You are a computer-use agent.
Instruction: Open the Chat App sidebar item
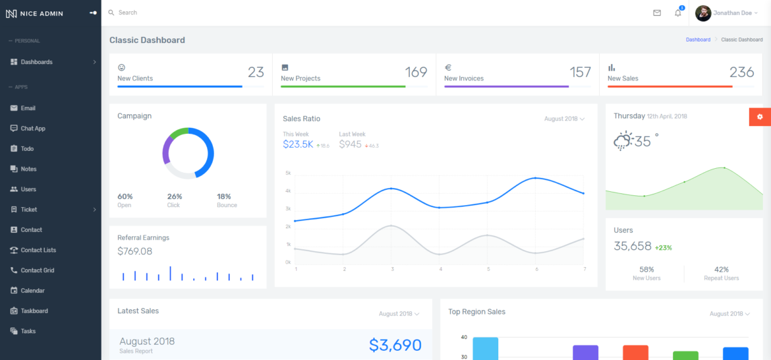click(x=33, y=129)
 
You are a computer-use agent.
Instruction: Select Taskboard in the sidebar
click(x=34, y=311)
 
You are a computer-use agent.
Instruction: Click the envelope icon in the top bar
click(x=657, y=13)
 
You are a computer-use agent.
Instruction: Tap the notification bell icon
click(x=678, y=13)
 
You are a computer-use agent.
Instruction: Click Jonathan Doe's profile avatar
click(x=703, y=13)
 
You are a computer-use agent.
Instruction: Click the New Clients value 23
click(x=256, y=72)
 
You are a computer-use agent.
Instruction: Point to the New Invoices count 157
click(x=580, y=72)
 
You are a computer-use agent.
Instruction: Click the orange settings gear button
click(x=760, y=117)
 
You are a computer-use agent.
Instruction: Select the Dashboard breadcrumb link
click(x=698, y=40)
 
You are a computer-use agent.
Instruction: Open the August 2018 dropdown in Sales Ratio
click(x=564, y=119)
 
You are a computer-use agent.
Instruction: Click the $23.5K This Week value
click(x=298, y=144)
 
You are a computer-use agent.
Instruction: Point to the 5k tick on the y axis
click(x=288, y=173)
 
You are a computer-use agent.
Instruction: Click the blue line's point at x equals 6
click(x=536, y=178)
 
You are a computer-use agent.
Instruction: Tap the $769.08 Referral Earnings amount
click(x=134, y=251)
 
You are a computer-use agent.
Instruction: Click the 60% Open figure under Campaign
click(x=125, y=196)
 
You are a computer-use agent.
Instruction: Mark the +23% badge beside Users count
click(x=663, y=248)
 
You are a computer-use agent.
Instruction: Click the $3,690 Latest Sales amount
click(x=395, y=345)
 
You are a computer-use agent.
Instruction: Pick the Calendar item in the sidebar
click(x=34, y=291)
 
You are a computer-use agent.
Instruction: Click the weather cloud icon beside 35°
click(x=623, y=140)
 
